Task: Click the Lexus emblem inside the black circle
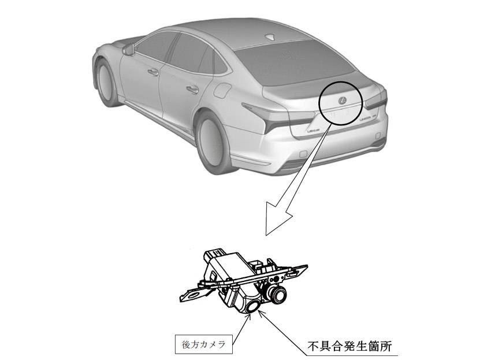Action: (342, 101)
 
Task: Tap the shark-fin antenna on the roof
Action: (270, 37)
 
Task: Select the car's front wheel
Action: (105, 83)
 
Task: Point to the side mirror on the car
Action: (129, 50)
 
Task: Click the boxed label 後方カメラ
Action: (203, 344)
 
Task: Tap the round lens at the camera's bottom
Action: (252, 306)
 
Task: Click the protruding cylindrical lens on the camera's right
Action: (277, 294)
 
